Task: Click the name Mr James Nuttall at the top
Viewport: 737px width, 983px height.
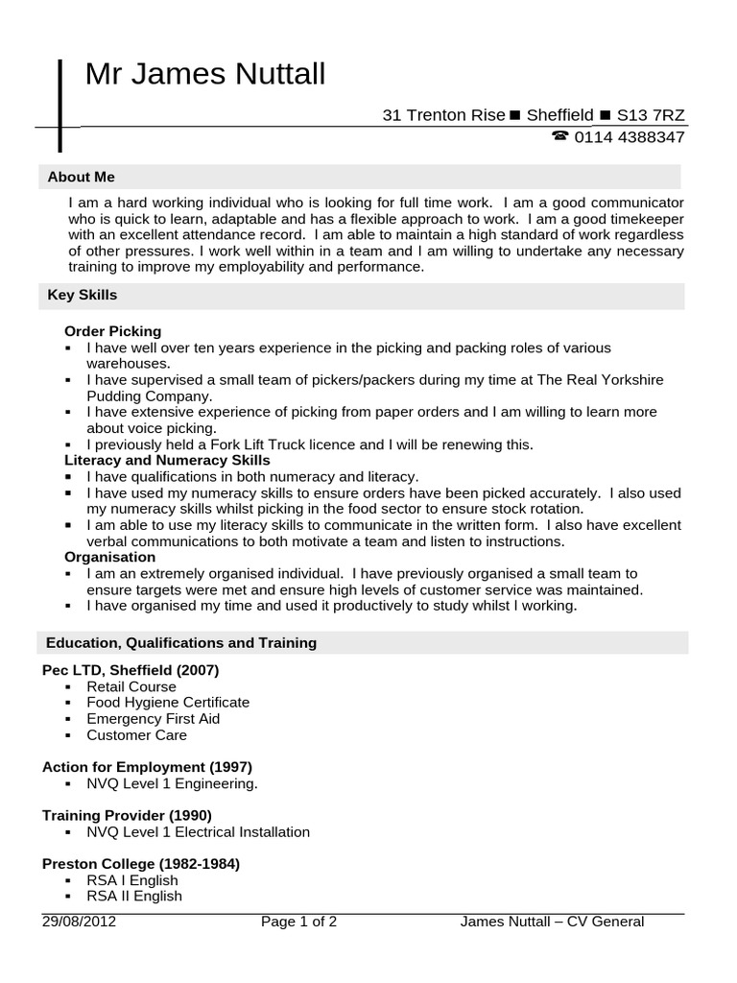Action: tap(205, 74)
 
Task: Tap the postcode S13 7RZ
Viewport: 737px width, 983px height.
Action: tap(651, 115)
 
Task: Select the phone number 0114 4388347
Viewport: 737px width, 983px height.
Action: tap(630, 137)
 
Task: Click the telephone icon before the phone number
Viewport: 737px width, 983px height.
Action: tap(560, 136)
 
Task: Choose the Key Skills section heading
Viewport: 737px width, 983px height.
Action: tap(83, 295)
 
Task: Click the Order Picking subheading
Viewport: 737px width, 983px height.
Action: tap(112, 331)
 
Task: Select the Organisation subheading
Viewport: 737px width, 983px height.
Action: tap(109, 557)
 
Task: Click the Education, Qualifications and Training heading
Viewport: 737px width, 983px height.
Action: tap(181, 642)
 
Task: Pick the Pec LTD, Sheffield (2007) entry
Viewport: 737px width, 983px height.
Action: tap(131, 669)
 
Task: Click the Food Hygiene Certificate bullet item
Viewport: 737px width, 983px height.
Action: tap(167, 703)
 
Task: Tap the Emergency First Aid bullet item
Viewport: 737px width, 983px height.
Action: tap(153, 719)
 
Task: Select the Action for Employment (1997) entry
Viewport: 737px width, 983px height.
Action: tap(147, 767)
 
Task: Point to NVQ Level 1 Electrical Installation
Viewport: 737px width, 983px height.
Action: tap(198, 832)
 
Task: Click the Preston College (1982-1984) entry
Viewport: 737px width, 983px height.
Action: tap(141, 864)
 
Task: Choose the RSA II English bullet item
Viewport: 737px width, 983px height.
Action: tap(133, 897)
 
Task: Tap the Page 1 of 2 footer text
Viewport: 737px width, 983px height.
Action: tap(298, 923)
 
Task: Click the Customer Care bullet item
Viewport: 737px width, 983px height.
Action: tap(136, 735)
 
